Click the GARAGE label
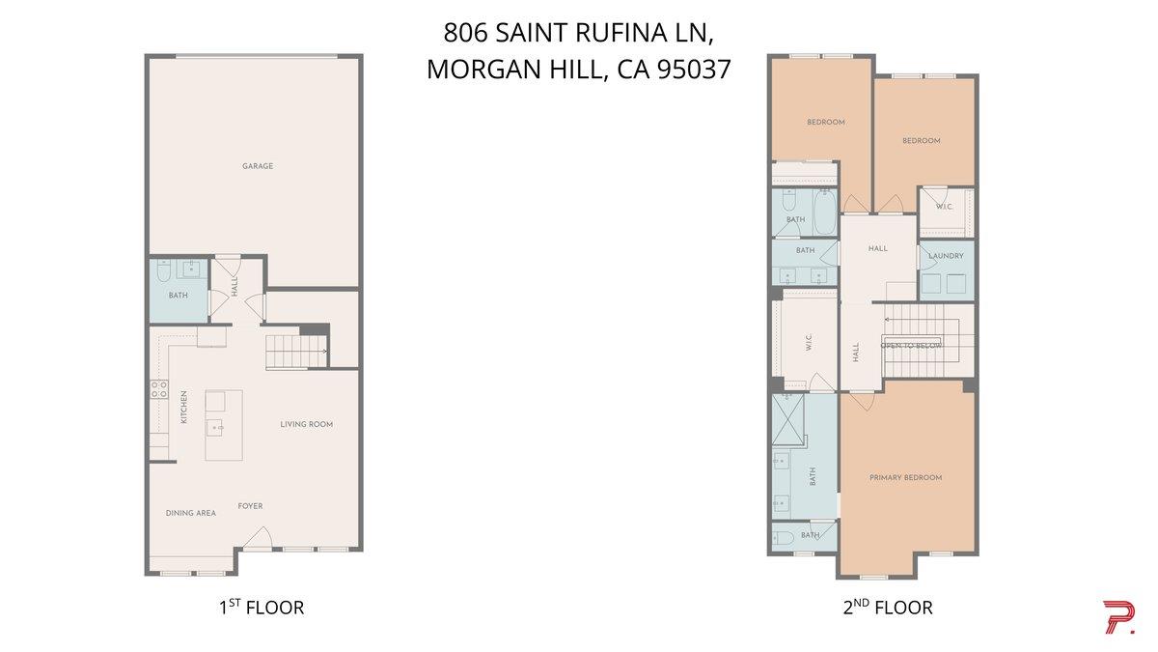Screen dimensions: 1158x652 (258, 166)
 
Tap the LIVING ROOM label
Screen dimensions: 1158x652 (307, 424)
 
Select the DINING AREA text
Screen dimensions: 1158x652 (191, 513)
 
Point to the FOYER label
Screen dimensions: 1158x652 (250, 506)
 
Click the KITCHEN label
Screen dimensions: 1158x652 (184, 408)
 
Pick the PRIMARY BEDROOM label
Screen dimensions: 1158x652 (906, 477)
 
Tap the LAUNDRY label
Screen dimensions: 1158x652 (946, 256)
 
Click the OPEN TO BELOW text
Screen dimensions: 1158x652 (911, 345)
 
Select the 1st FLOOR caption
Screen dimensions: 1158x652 (262, 607)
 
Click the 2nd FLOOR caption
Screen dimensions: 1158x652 (888, 607)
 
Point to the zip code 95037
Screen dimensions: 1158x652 (694, 70)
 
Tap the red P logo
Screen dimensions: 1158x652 (1120, 617)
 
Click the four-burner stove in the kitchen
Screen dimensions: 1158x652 (159, 389)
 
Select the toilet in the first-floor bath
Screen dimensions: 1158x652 (164, 270)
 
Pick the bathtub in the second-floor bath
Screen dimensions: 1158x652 (824, 213)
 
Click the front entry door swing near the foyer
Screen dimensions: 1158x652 (258, 538)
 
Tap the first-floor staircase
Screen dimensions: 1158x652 (297, 352)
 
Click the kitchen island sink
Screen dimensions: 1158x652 (215, 429)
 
